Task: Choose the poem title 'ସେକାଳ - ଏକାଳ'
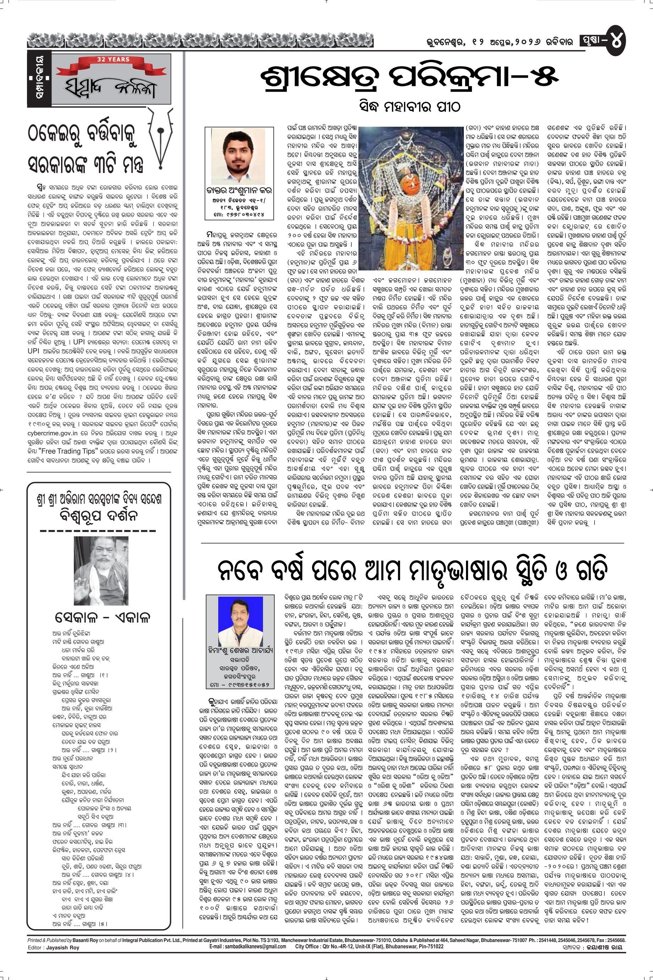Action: pos(101,617)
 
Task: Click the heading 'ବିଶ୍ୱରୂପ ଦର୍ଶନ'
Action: pos(99,516)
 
